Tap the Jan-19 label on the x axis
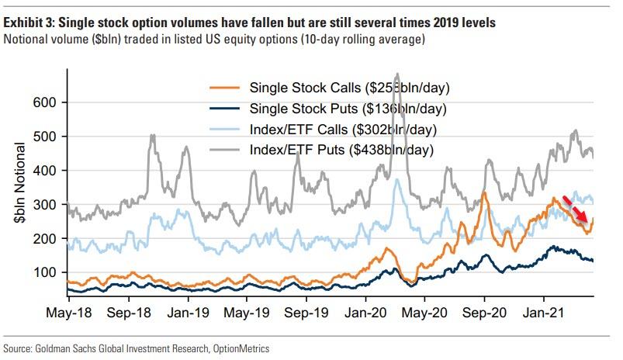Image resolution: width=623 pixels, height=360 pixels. click(x=187, y=317)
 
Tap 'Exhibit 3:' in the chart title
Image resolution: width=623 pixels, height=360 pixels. click(x=31, y=24)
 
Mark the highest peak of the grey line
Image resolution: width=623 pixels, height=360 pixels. click(x=397, y=75)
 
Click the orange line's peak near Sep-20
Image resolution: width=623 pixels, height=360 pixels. click(x=484, y=192)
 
